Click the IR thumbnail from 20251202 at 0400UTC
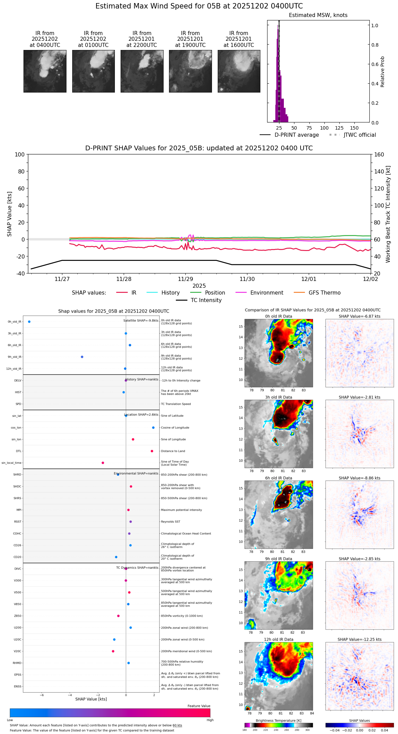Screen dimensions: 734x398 45,71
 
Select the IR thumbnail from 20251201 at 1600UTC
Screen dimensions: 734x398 239,71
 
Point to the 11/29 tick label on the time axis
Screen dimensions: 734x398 185,279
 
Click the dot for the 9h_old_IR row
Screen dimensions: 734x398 82,357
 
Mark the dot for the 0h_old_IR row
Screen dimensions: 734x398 29,321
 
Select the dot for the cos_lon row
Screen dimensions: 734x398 153,428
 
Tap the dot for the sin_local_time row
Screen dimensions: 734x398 103,463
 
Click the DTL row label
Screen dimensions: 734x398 18,451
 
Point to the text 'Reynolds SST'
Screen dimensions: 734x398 170,522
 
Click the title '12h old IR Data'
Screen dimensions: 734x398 278,639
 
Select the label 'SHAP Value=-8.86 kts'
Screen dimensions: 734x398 359,478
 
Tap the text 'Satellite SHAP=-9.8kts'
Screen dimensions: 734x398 141,320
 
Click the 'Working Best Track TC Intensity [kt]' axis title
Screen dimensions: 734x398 388,214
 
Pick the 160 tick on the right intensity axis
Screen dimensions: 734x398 379,154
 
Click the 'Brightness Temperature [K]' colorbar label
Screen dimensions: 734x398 278,720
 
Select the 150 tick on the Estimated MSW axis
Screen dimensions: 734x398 354,128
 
